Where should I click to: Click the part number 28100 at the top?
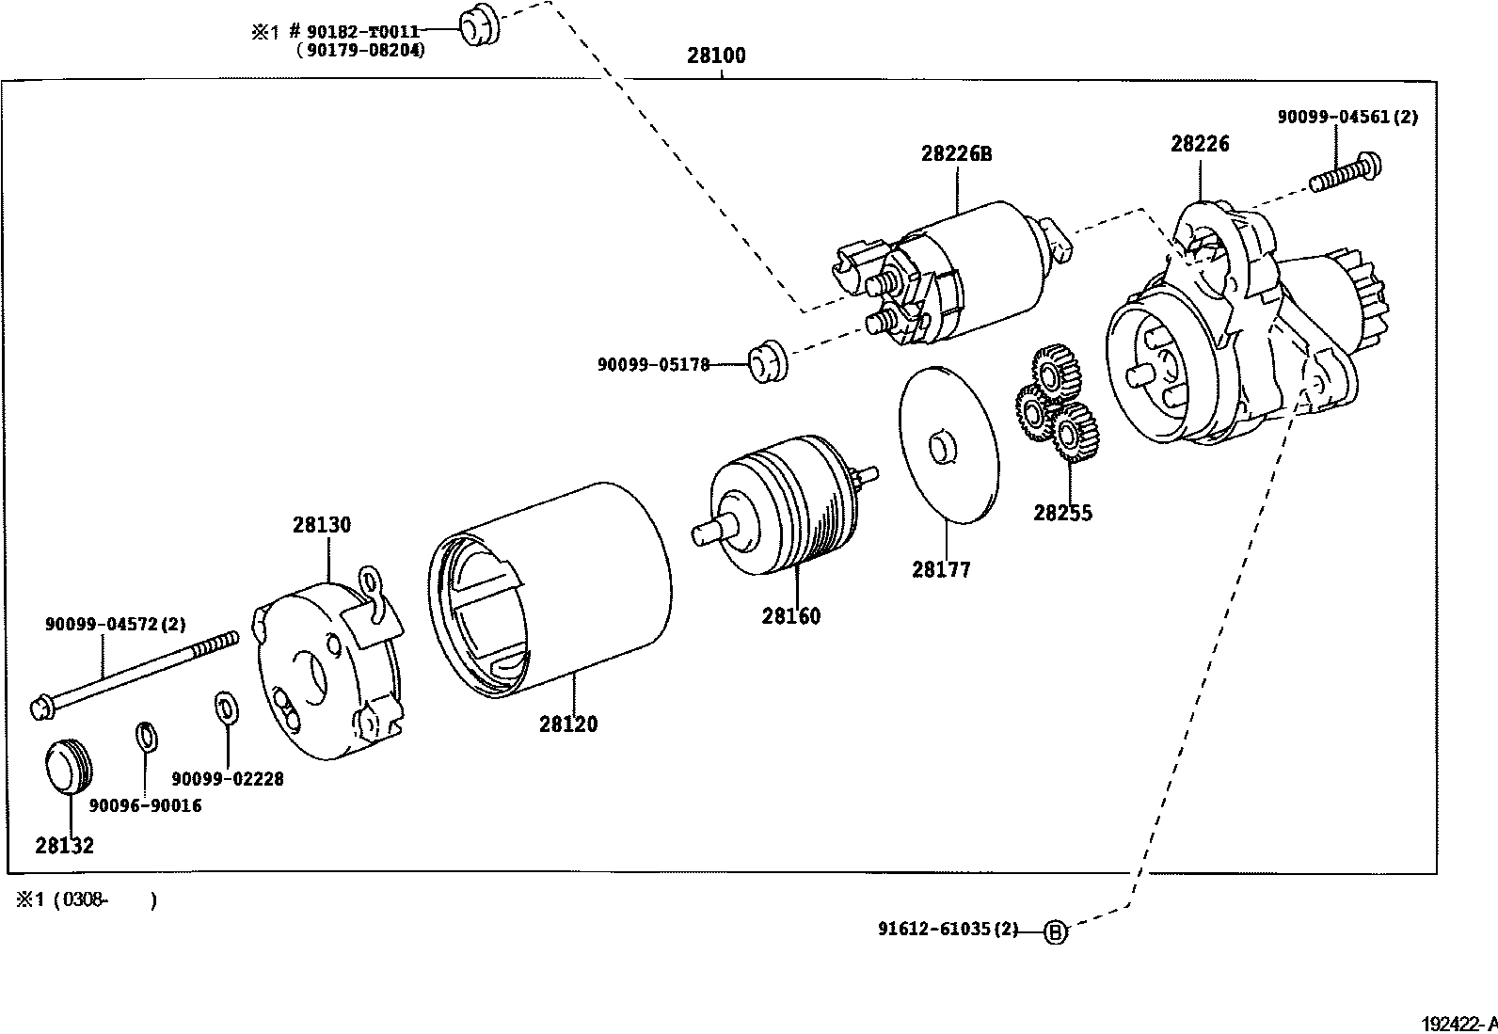(715, 56)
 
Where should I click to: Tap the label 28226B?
(956, 153)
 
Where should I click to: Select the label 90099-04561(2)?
(1347, 117)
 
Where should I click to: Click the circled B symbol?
(1056, 932)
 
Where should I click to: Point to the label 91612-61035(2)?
(948, 930)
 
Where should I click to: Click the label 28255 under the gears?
(1062, 513)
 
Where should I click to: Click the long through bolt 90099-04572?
(132, 673)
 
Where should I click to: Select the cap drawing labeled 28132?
(69, 766)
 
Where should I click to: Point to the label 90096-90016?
(145, 805)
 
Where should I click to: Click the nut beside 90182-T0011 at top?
(478, 25)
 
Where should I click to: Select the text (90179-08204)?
(359, 51)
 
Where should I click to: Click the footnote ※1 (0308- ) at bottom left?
(85, 900)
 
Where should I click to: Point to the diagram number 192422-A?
(1458, 1023)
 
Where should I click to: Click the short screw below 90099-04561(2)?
(1346, 173)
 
